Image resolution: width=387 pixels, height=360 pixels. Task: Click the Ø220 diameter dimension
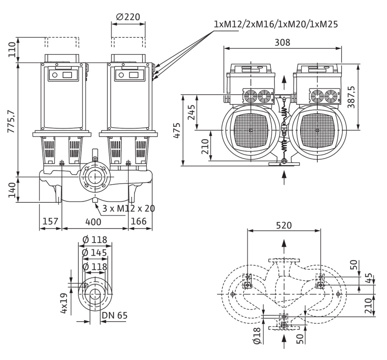tap(128, 17)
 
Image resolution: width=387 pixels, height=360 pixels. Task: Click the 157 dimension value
tap(50, 221)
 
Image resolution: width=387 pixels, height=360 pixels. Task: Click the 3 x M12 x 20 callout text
tap(128, 208)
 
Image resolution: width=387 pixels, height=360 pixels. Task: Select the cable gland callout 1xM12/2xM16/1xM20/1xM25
tap(276, 24)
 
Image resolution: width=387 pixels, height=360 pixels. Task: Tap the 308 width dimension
tap(282, 42)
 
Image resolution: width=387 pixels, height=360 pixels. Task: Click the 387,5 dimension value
tap(351, 97)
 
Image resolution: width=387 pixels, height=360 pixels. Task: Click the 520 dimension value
tap(284, 225)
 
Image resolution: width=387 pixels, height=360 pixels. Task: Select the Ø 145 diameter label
tap(95, 253)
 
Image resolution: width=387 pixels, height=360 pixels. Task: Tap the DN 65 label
tap(114, 315)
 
